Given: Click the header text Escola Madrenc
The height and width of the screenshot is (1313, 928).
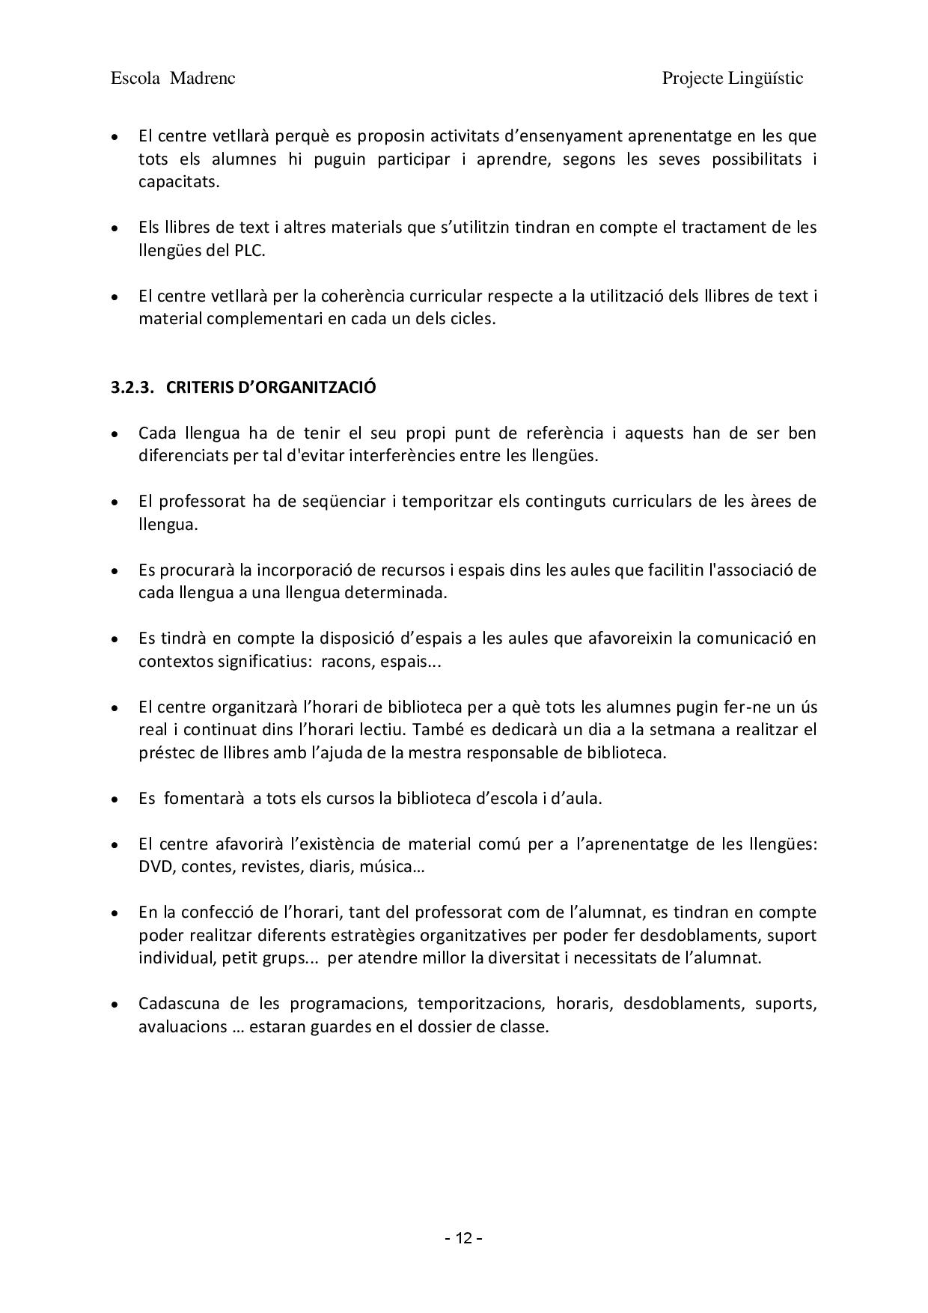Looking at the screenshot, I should pos(173,79).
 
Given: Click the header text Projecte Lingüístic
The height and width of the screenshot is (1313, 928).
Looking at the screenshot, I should pos(732,79).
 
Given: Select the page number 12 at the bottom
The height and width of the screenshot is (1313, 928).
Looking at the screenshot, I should pos(464,1239).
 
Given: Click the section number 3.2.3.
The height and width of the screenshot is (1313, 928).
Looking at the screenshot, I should pos(132,387).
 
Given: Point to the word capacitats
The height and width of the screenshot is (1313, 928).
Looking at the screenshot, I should pos(179,182).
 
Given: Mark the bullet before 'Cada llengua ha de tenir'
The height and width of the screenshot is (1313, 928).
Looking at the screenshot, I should pos(115,433).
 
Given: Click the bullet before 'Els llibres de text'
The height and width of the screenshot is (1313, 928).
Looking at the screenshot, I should pos(115,228).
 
